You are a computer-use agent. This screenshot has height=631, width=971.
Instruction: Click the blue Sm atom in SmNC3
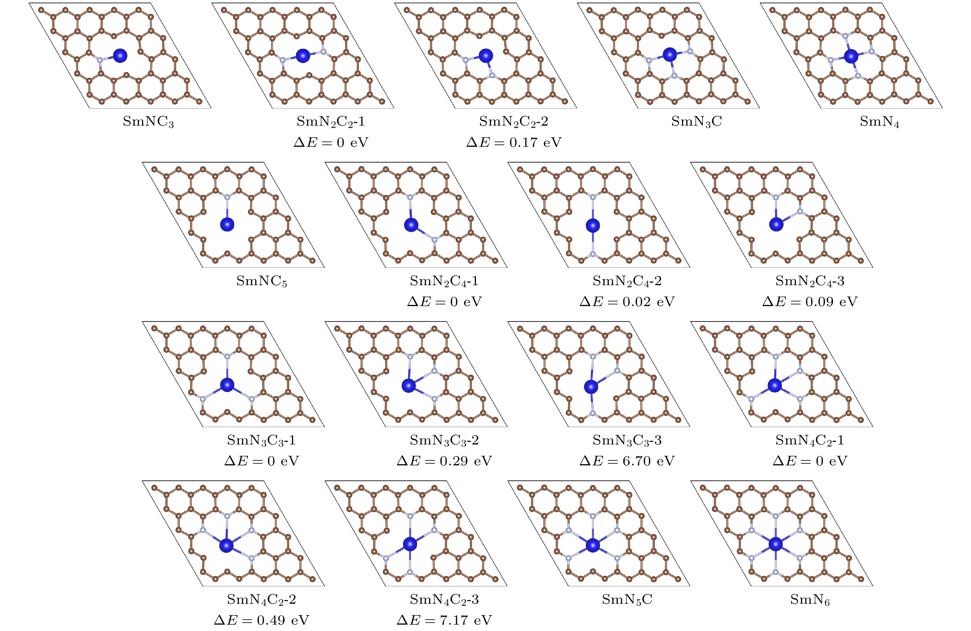pyautogui.click(x=120, y=55)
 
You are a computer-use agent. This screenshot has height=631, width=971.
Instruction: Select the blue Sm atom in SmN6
pyautogui.click(x=776, y=544)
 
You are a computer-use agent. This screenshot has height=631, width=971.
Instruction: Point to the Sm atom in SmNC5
pyautogui.click(x=227, y=224)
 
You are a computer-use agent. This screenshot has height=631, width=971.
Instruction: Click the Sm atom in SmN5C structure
pyautogui.click(x=593, y=545)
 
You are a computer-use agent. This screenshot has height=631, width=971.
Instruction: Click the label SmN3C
pyautogui.click(x=696, y=122)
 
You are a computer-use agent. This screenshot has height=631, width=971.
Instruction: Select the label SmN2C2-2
pyautogui.click(x=514, y=122)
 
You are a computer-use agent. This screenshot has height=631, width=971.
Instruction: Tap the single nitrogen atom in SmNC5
pyautogui.click(x=227, y=197)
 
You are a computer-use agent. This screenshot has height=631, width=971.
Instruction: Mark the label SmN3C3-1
pyautogui.click(x=261, y=440)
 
